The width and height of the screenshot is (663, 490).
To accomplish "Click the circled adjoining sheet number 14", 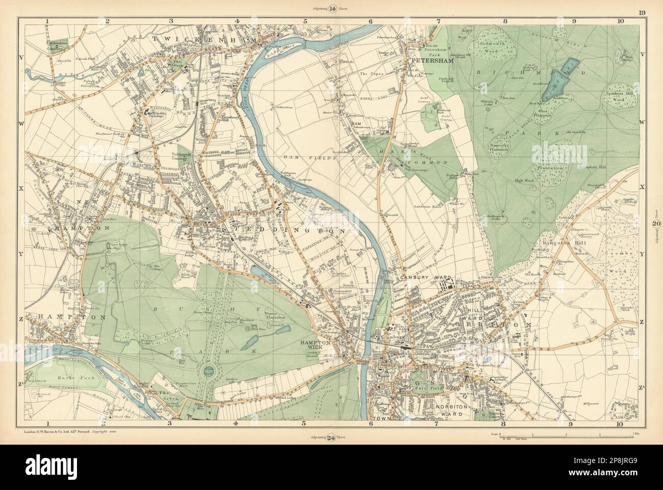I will [x=331, y=8].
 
